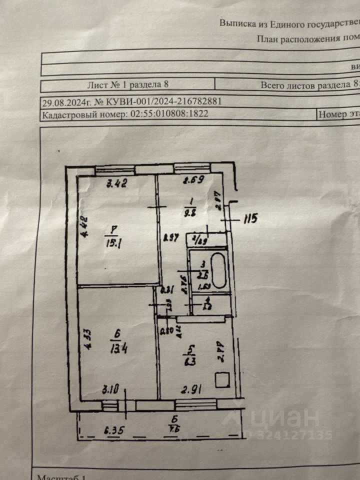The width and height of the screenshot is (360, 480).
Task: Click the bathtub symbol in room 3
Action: [x=219, y=271]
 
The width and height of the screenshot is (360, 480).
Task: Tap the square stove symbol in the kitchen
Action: [x=222, y=380]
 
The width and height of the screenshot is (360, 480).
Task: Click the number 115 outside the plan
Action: [x=250, y=218]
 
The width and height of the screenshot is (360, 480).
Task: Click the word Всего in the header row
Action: [x=273, y=85]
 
